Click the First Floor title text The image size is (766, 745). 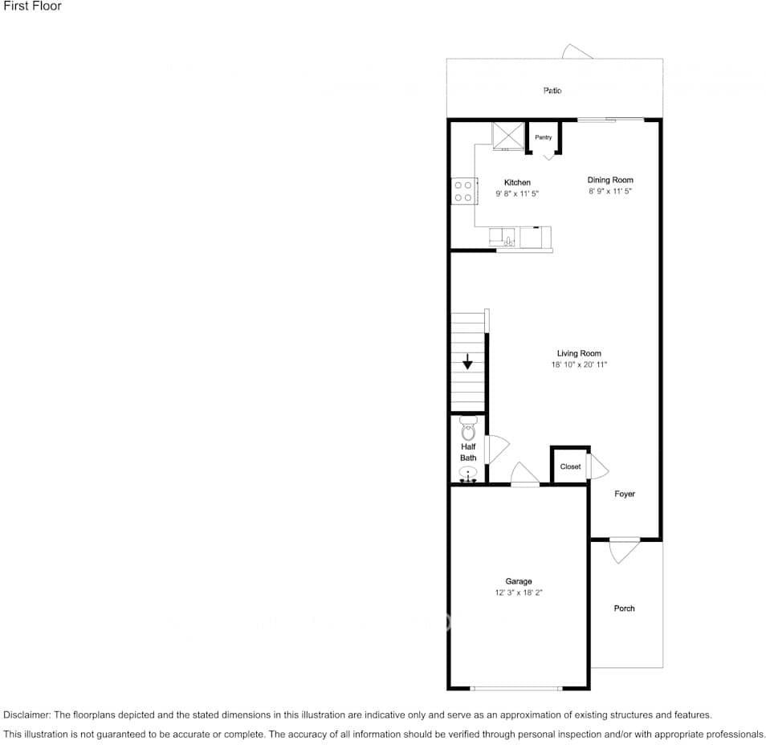(x=32, y=6)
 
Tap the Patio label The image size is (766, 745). (x=552, y=91)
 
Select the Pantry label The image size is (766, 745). (x=544, y=137)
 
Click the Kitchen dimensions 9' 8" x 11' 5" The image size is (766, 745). (x=517, y=194)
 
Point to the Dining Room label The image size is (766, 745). (x=610, y=180)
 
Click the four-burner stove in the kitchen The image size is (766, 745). (x=462, y=191)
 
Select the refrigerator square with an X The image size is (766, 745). (x=507, y=135)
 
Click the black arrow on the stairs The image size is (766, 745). (x=467, y=362)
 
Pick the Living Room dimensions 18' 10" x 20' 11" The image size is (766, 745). (x=579, y=365)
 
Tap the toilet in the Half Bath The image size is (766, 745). (x=468, y=426)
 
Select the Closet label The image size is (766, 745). (x=570, y=466)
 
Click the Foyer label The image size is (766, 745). (x=625, y=494)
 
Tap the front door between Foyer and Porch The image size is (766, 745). (x=624, y=548)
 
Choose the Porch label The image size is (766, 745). (x=624, y=609)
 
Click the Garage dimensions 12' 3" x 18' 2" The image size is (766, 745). (x=519, y=593)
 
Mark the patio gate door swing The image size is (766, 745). (x=577, y=51)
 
